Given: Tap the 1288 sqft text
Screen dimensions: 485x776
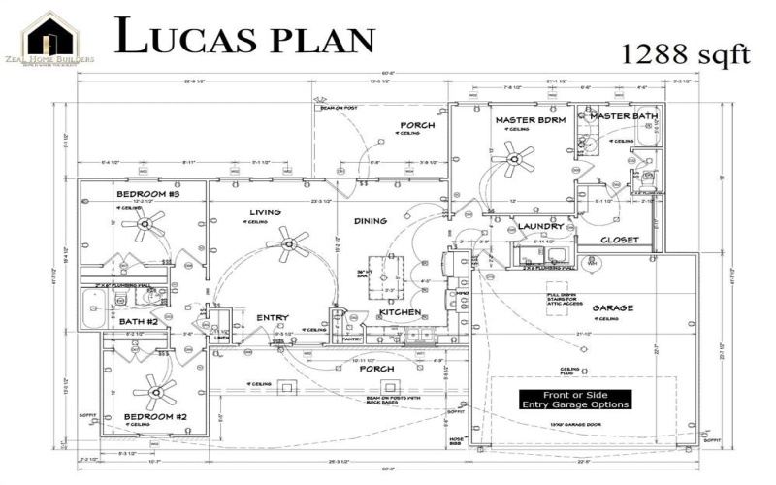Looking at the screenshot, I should (x=685, y=53).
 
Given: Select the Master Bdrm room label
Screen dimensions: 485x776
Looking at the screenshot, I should (x=524, y=119).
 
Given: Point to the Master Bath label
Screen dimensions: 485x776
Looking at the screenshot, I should (x=624, y=116).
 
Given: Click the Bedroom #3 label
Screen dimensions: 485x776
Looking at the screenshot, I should (x=148, y=194).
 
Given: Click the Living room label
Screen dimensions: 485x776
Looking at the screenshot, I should (x=265, y=211).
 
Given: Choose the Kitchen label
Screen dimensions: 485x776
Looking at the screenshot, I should (x=399, y=312).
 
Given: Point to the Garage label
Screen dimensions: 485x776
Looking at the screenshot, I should (x=613, y=307).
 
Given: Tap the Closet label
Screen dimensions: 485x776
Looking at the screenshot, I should (x=619, y=240).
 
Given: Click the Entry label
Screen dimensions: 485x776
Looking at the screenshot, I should (x=273, y=317).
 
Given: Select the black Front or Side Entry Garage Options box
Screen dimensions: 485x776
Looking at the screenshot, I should (x=575, y=399).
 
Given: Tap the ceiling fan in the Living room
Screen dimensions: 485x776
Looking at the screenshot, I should (x=288, y=242).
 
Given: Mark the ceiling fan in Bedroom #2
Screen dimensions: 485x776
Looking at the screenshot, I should (x=155, y=390).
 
